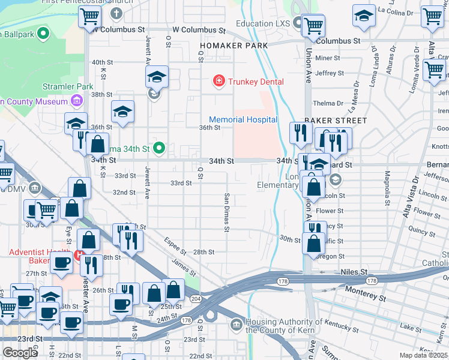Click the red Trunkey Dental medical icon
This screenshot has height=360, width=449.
coord(219,81)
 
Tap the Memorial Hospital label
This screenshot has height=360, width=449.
coord(243,119)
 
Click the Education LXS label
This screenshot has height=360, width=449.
coord(262,23)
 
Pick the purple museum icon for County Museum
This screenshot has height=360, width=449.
coord(76,101)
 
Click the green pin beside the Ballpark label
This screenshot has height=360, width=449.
coord(43,34)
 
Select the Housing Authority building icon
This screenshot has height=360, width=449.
coord(237,325)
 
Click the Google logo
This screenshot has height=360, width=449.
coord(20,353)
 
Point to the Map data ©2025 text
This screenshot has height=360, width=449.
coord(423,355)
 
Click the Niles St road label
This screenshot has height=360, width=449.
coord(354,272)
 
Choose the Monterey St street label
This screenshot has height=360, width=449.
coord(366,293)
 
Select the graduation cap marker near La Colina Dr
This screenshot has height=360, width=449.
coord(363,17)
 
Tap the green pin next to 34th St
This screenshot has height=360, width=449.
coord(159,148)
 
